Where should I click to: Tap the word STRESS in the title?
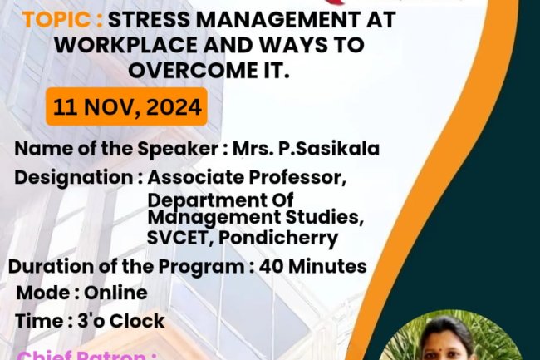pos(150,19)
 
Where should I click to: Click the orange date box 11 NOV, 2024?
pos(126,106)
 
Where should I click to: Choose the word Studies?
pos(329,218)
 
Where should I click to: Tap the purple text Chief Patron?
pos(83,355)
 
